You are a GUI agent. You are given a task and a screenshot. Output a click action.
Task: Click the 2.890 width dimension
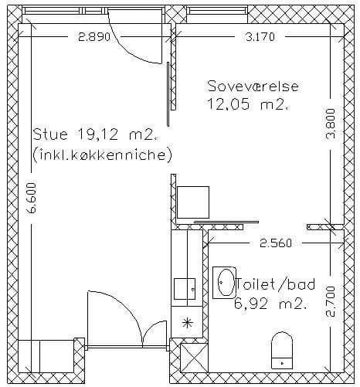(x=94, y=37)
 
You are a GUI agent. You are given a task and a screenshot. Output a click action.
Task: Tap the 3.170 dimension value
(x=260, y=37)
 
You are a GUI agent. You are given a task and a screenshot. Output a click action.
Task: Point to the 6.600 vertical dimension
(x=32, y=198)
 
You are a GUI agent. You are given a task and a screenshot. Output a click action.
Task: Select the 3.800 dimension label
(x=331, y=124)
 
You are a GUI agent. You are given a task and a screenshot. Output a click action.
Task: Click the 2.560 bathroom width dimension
(x=276, y=243)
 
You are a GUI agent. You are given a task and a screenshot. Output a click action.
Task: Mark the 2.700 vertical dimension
(x=331, y=301)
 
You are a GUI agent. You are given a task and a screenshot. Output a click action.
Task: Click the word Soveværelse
(x=253, y=86)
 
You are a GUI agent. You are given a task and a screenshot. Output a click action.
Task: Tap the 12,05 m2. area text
(x=247, y=104)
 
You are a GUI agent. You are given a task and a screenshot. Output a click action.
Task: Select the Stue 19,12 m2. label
(x=96, y=134)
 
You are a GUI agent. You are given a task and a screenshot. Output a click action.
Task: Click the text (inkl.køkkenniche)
(x=103, y=155)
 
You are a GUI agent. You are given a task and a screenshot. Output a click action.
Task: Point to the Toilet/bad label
(x=276, y=284)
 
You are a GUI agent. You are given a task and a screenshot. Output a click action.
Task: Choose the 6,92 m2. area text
(x=270, y=304)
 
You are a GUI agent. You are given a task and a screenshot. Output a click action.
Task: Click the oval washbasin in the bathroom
(x=226, y=283)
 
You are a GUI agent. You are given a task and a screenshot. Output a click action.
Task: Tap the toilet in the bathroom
(x=282, y=351)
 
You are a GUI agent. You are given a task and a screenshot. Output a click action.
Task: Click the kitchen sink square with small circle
(x=185, y=289)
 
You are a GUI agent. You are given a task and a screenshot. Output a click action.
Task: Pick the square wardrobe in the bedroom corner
(x=193, y=202)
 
